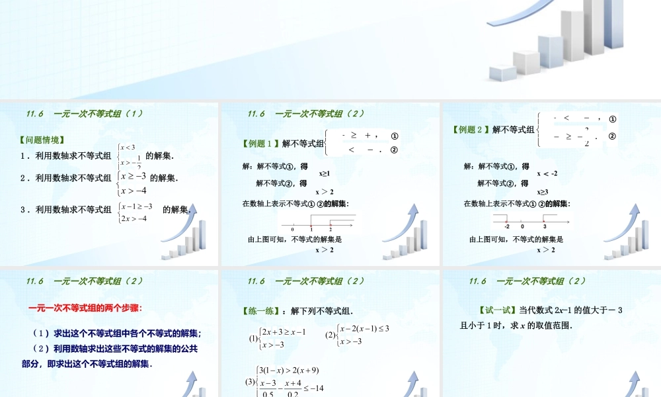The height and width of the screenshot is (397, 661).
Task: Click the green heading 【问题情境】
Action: point(42,140)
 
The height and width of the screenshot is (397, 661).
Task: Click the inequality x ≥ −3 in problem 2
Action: point(135,176)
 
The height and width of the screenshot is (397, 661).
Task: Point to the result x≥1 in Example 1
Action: point(325,173)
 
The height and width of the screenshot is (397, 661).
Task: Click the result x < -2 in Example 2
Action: point(547,173)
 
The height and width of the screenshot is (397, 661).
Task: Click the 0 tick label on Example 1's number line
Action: point(292,229)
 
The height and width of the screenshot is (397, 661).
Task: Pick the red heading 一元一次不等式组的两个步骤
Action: point(85,308)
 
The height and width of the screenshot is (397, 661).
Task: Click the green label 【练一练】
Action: point(262,311)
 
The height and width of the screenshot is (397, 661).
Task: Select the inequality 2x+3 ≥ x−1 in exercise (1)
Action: point(284,331)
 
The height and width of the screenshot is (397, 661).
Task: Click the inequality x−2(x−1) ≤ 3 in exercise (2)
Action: point(364,328)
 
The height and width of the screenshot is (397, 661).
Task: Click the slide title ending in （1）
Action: point(85,113)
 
